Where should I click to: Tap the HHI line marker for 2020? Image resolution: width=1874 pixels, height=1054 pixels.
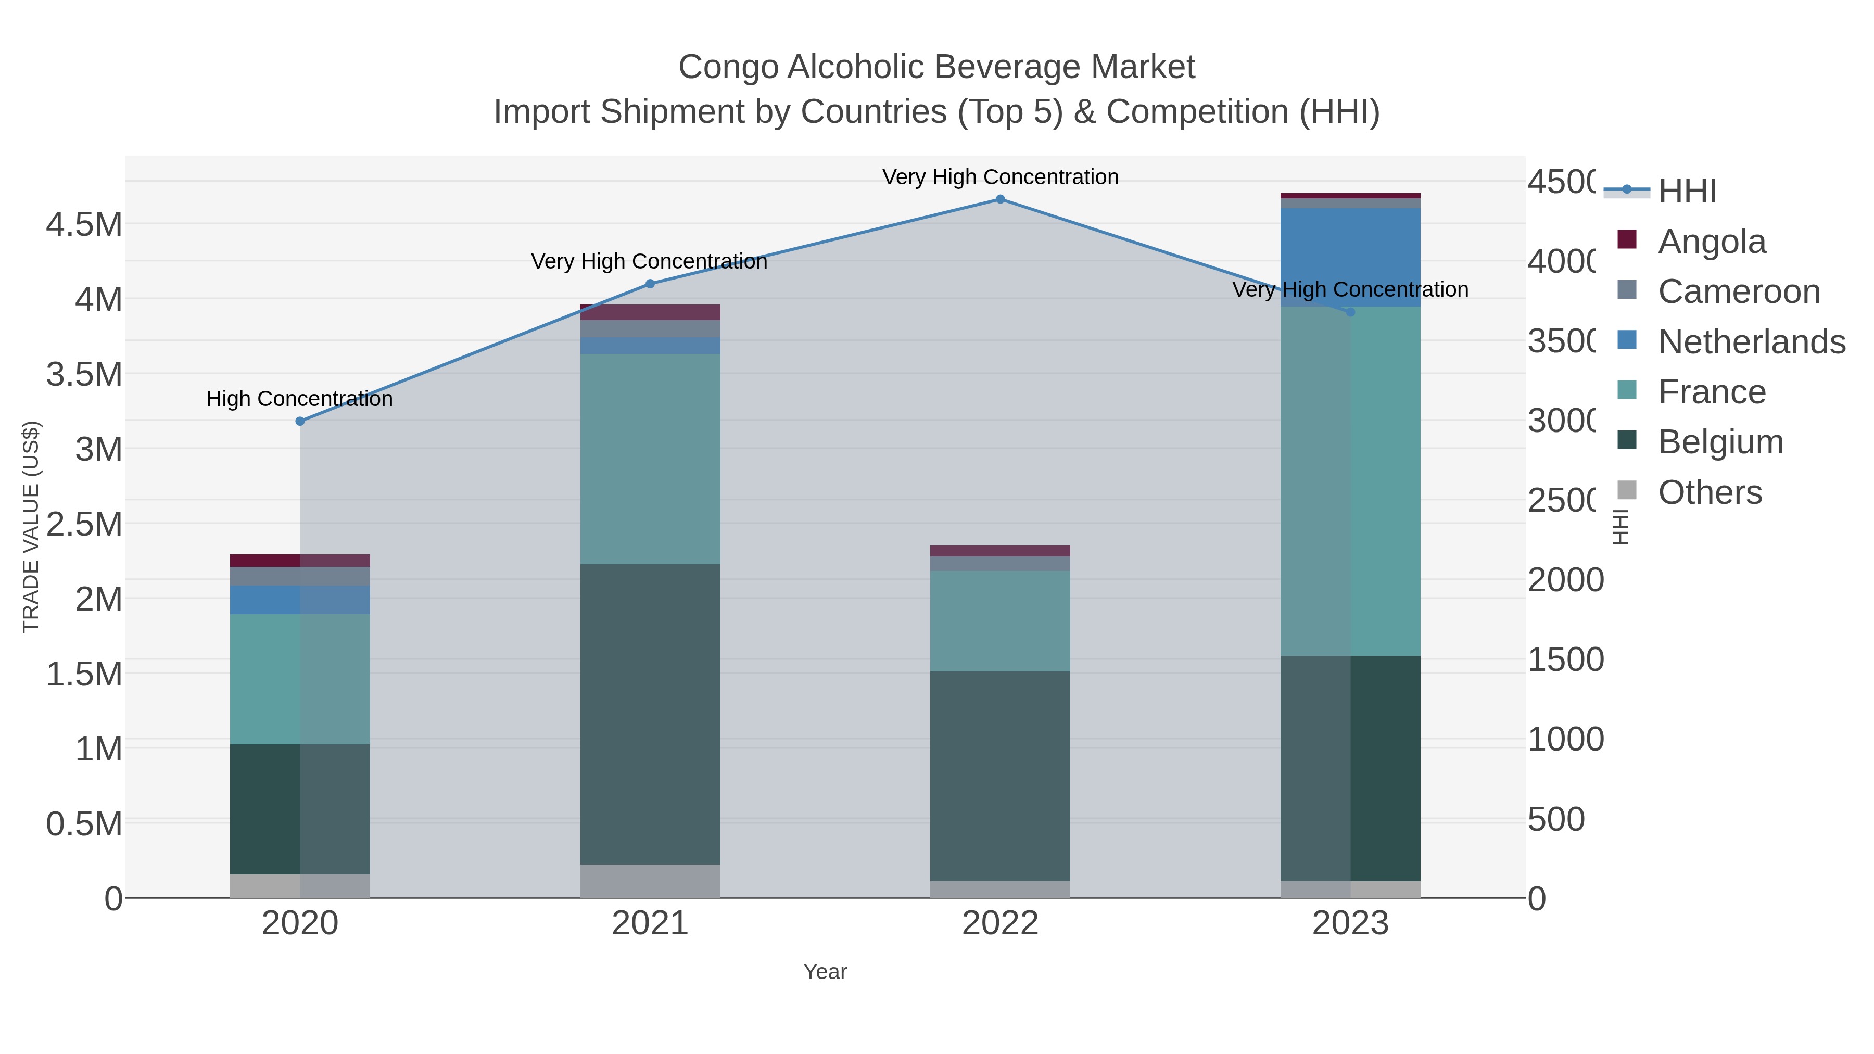pyautogui.click(x=300, y=421)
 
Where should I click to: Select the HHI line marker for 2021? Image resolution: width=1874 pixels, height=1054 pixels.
pyautogui.click(x=650, y=284)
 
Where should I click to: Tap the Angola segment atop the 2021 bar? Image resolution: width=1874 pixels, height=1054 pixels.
pyautogui.click(x=650, y=312)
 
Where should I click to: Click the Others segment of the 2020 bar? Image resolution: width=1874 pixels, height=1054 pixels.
pyautogui.click(x=300, y=885)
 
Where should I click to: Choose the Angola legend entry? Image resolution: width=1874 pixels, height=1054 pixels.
pyautogui.click(x=1711, y=242)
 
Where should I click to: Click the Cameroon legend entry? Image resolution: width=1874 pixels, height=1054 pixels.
pyautogui.click(x=1739, y=291)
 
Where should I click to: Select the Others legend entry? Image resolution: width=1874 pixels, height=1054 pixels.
pyautogui.click(x=1710, y=492)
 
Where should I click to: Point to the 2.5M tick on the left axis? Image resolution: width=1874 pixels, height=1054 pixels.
pyautogui.click(x=84, y=524)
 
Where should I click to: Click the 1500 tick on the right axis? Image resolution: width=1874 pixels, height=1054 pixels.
pyautogui.click(x=1565, y=660)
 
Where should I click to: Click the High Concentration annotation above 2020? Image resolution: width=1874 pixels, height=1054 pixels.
pyautogui.click(x=300, y=399)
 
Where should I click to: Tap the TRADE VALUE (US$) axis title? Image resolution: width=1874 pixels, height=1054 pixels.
pyautogui.click(x=31, y=527)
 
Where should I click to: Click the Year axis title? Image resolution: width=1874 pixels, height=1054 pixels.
pyautogui.click(x=825, y=972)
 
